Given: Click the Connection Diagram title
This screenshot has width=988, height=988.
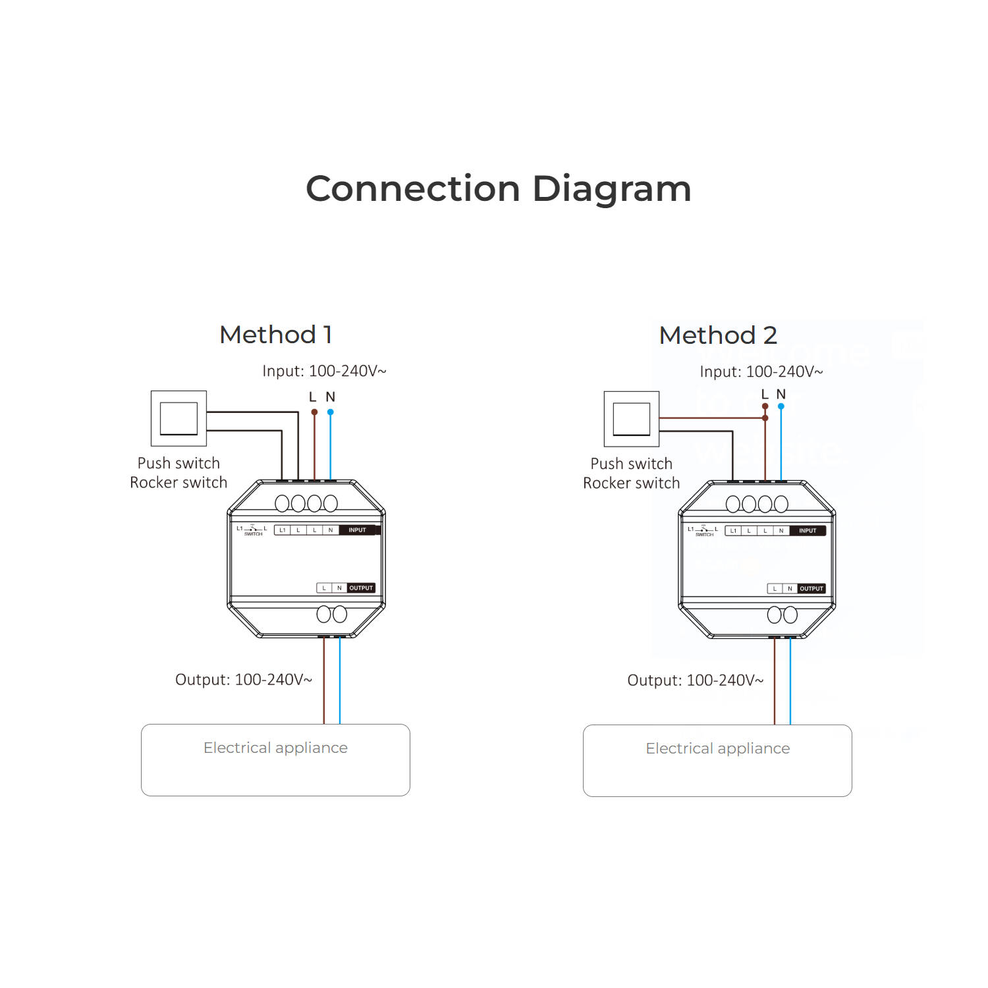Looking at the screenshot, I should [x=499, y=189].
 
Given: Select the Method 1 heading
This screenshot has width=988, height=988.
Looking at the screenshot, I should [x=276, y=335].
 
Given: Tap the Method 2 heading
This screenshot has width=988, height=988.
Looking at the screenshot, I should [x=718, y=335].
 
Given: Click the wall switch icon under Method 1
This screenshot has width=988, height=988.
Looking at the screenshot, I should [x=178, y=418].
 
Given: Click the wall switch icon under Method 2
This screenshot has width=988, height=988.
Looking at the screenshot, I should [x=632, y=419].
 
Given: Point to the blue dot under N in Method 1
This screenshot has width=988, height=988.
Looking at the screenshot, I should [x=331, y=412].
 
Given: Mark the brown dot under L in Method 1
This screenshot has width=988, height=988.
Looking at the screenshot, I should [x=314, y=412].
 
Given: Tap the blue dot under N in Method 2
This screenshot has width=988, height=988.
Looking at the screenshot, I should [x=781, y=406].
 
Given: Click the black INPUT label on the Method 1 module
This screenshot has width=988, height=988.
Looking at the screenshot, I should [x=357, y=530].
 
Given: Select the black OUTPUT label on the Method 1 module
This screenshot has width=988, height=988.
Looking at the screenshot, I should [x=361, y=588].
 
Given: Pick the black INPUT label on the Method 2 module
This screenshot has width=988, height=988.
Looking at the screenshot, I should [x=808, y=531].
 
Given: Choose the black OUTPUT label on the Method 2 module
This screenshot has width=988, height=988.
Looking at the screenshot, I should [x=811, y=589].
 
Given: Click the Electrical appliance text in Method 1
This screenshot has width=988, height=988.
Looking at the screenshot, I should [x=275, y=748].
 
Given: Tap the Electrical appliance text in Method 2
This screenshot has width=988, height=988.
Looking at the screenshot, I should [x=718, y=749].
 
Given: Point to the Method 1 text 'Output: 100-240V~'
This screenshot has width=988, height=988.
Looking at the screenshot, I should [x=244, y=680].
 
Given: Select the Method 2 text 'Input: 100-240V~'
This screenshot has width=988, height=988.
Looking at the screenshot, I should [x=761, y=372].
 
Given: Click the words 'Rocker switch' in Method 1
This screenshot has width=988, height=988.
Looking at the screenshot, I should [x=178, y=483].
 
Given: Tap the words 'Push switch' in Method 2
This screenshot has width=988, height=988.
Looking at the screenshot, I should [x=632, y=464].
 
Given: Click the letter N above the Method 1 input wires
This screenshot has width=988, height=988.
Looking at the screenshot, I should [x=331, y=397].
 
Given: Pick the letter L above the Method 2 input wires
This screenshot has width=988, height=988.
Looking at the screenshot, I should [x=765, y=395].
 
